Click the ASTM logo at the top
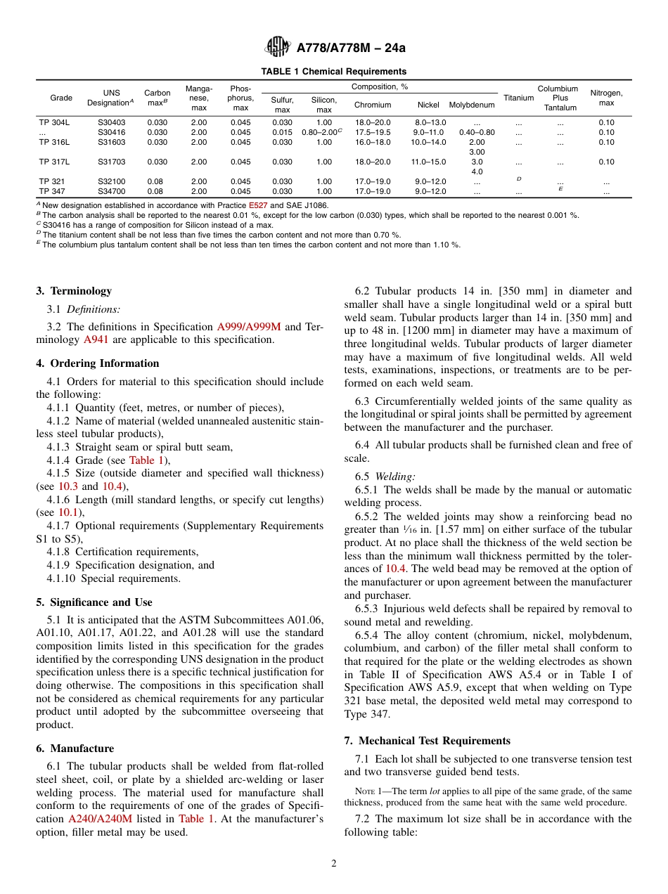pyautogui.click(x=278, y=48)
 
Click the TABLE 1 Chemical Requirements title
pyautogui.click(x=333, y=72)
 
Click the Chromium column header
pyautogui.click(x=372, y=105)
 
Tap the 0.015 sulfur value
pyautogui.click(x=282, y=132)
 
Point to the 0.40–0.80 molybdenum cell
pyautogui.click(x=477, y=132)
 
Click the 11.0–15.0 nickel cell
pyautogui.click(x=428, y=162)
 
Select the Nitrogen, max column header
pyautogui.click(x=606, y=98)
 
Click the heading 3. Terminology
pyautogui.click(x=74, y=291)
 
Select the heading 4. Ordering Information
pyautogui.click(x=98, y=363)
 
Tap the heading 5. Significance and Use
pyautogui.click(x=94, y=602)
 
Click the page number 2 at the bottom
pyautogui.click(x=334, y=864)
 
